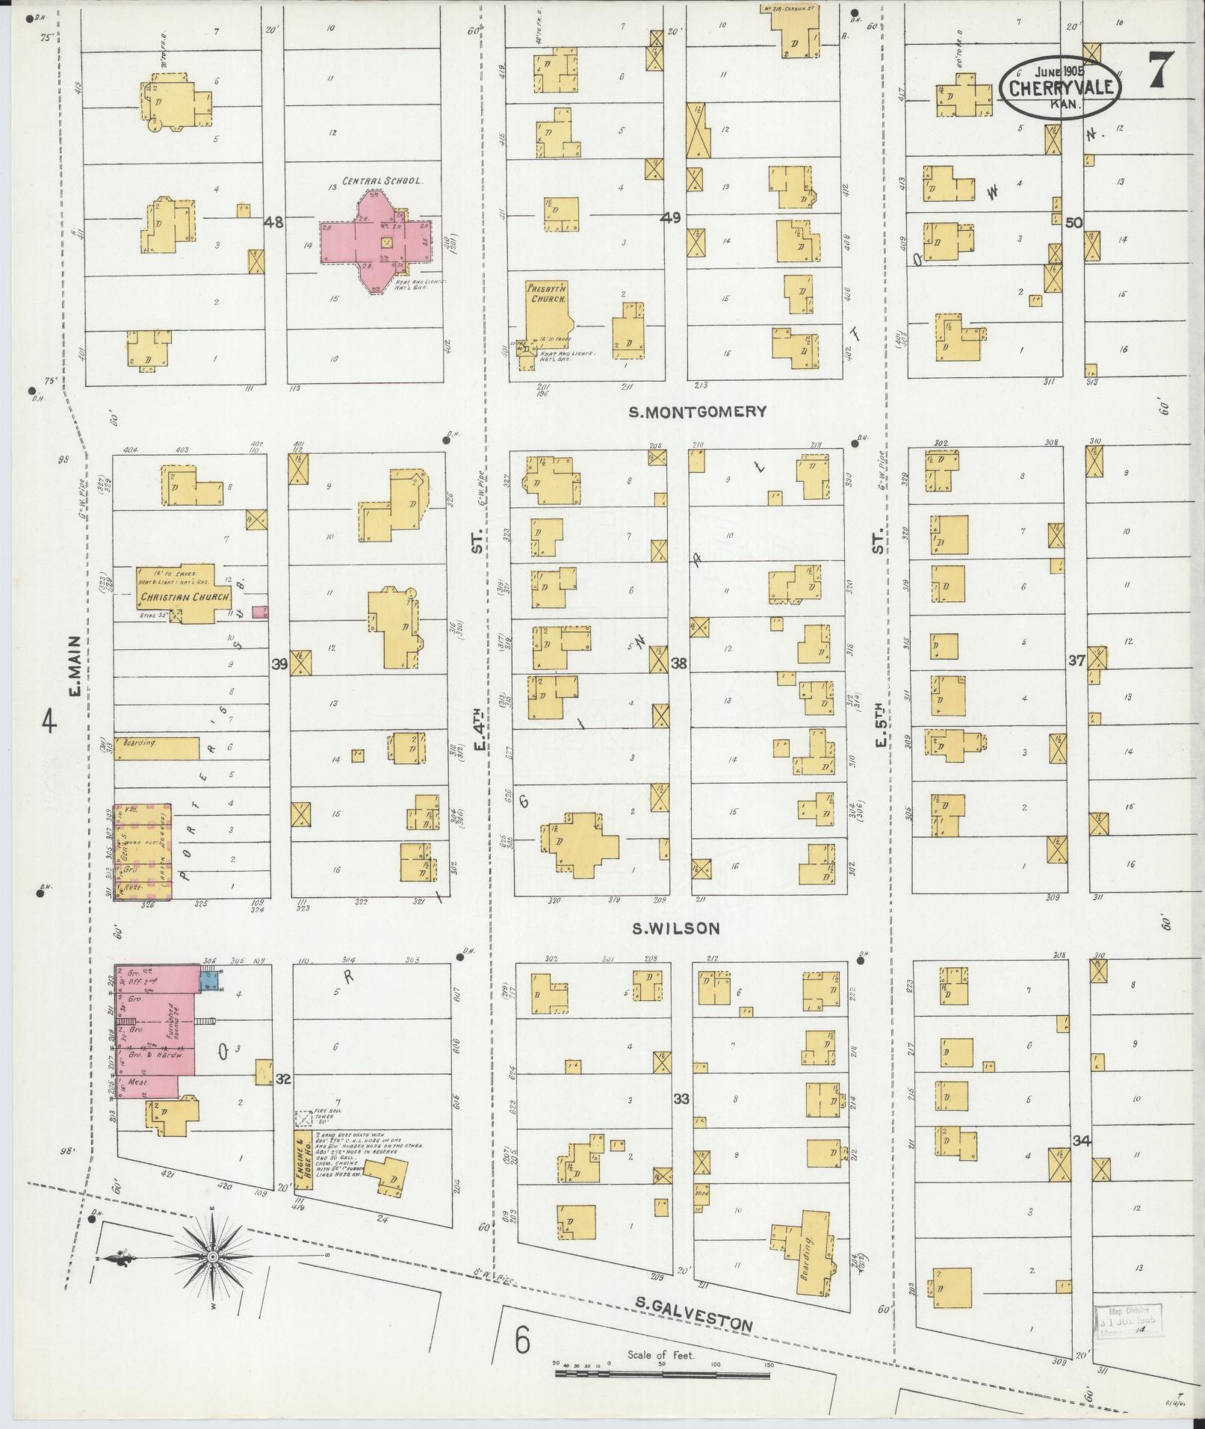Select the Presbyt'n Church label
pyautogui.click(x=548, y=293)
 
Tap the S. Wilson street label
pyautogui.click(x=675, y=929)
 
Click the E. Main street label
pyautogui.click(x=75, y=666)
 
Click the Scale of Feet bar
pyautogui.click(x=663, y=1373)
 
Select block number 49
pyautogui.click(x=671, y=218)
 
